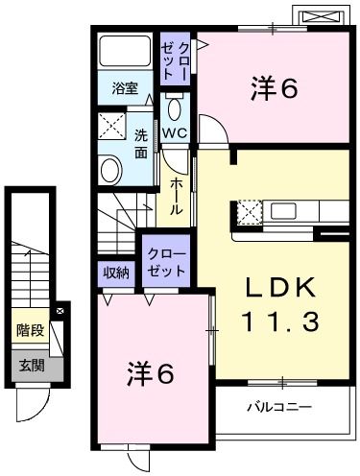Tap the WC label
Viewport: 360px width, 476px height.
point(173,132)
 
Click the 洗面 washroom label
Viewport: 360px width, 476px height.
point(141,142)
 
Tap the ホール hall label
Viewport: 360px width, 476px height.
point(178,196)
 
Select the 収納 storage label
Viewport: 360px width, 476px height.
point(117,273)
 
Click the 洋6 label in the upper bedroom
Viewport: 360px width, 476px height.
point(273,88)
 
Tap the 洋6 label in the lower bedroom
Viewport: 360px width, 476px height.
point(153,374)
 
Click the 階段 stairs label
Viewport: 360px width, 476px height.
point(29,331)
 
